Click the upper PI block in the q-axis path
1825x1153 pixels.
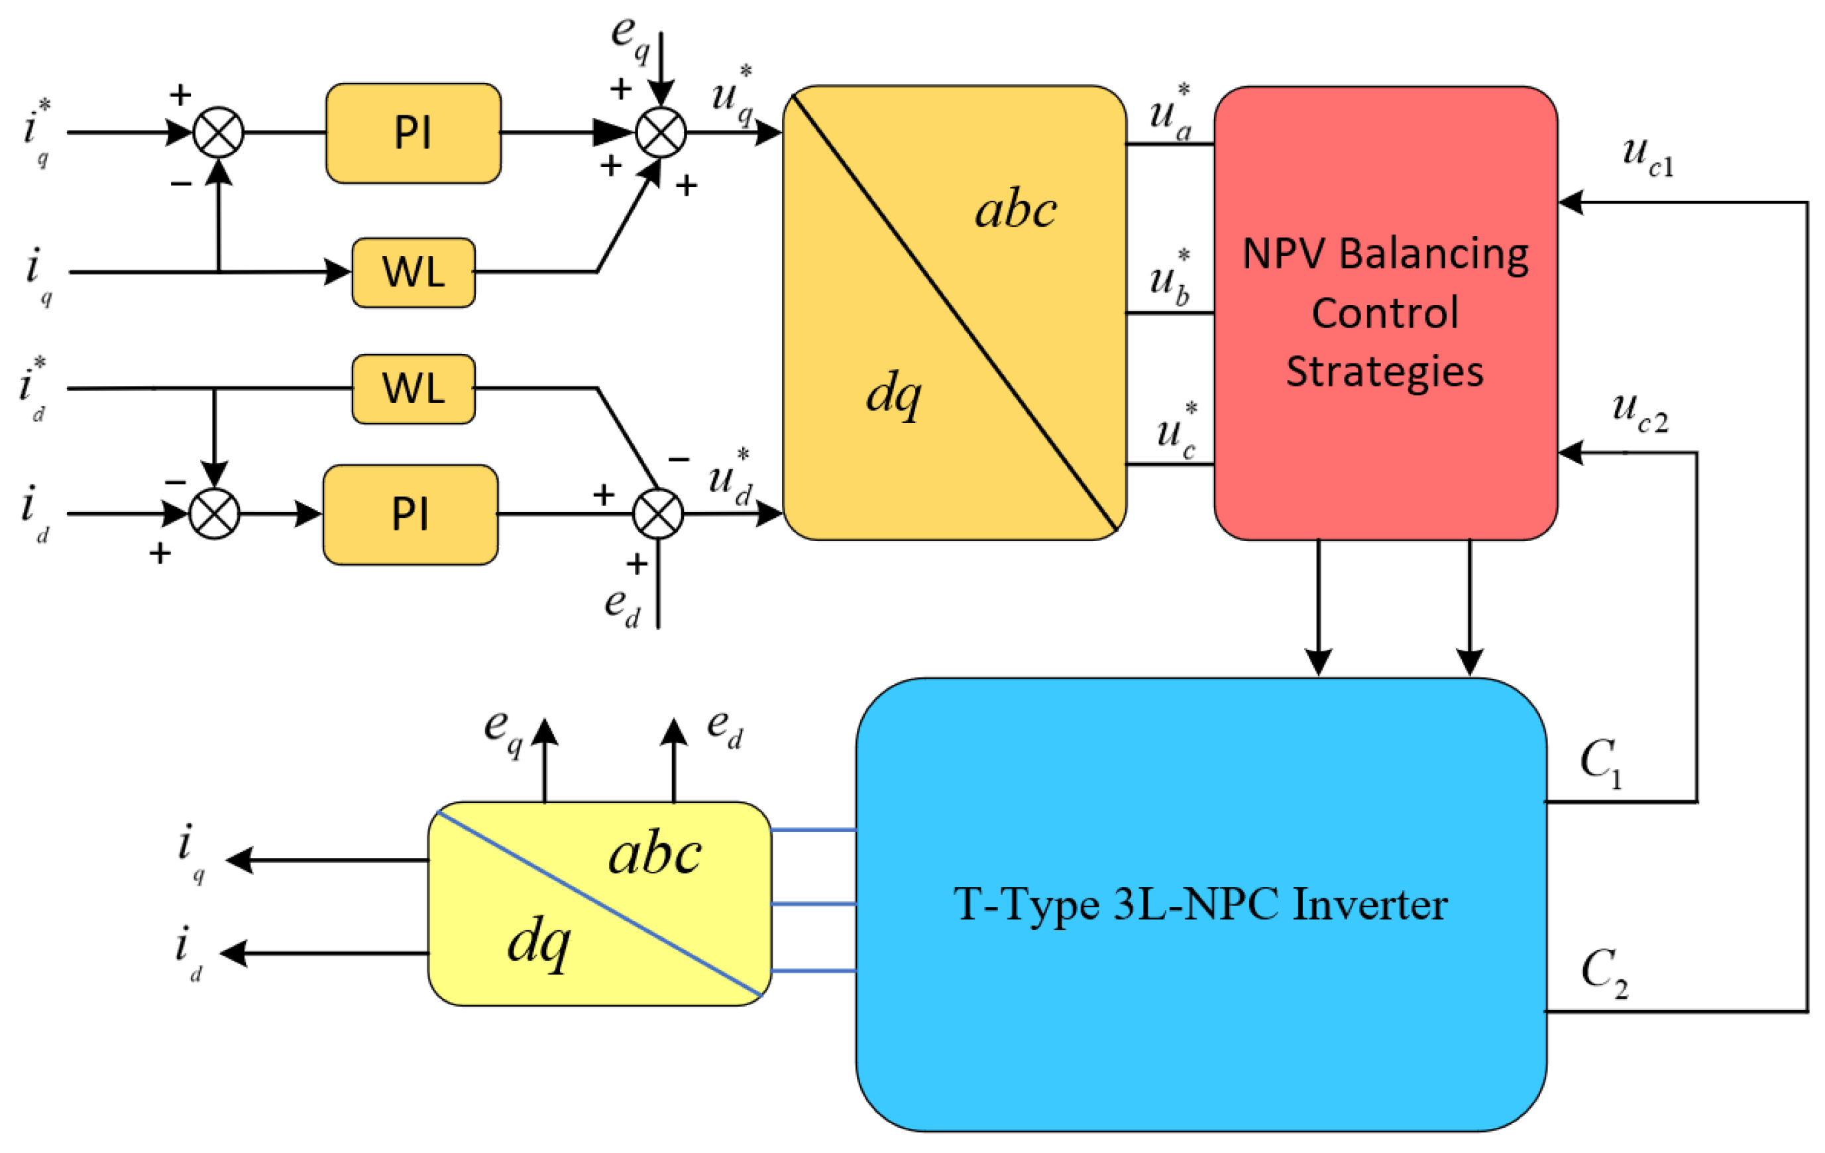413,133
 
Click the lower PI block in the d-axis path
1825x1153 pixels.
410,515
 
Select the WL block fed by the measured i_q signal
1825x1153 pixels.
413,272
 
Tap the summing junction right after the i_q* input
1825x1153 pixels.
218,133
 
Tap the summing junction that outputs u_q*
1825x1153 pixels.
660,133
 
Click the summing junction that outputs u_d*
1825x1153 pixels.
658,514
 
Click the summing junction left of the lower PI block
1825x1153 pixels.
215,514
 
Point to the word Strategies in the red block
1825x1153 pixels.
1385,371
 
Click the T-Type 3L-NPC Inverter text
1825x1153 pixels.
1201,904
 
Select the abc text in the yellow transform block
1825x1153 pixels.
655,855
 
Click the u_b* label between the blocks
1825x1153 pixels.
1170,279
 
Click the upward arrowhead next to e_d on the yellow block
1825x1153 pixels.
674,731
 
